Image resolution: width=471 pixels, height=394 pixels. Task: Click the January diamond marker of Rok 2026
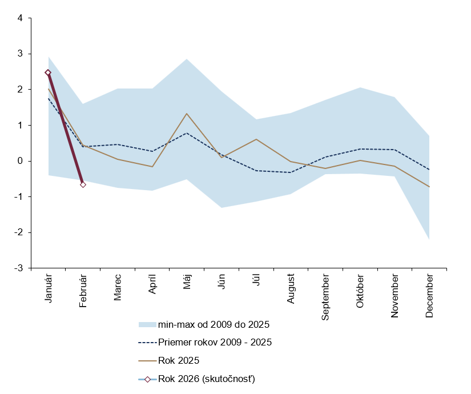point(48,73)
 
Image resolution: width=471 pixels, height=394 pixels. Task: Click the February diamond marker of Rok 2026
point(83,184)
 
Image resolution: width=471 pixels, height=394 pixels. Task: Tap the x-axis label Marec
point(118,290)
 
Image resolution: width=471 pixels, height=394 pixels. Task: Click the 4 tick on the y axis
point(21,18)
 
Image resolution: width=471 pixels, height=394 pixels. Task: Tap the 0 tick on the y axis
point(21,161)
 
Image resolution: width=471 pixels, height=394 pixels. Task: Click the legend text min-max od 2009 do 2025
point(214,325)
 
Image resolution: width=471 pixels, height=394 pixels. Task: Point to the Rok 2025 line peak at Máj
point(187,114)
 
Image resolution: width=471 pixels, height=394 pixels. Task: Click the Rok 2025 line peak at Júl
point(256,139)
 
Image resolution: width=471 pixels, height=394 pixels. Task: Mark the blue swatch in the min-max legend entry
point(147,325)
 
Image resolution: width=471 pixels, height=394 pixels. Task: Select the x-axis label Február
point(83,292)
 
